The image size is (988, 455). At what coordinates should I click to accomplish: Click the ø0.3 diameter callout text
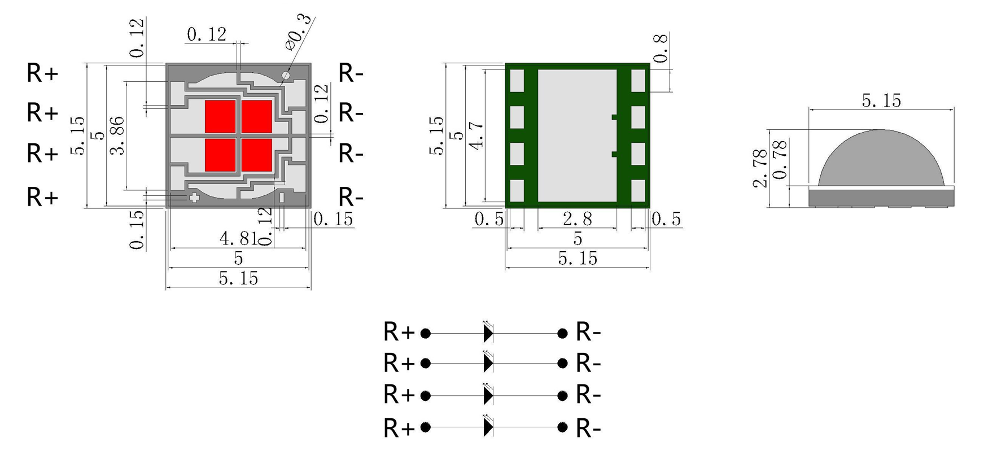click(x=299, y=31)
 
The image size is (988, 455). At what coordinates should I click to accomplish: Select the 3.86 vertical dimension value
click(x=118, y=135)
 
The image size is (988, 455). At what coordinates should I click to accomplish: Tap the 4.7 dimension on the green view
click(x=477, y=135)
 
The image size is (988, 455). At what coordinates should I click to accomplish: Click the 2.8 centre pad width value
click(x=577, y=219)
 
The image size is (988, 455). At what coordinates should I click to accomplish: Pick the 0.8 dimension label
click(x=661, y=48)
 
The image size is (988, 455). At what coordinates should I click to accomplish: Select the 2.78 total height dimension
click(x=760, y=168)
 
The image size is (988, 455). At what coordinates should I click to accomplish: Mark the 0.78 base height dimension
click(x=780, y=160)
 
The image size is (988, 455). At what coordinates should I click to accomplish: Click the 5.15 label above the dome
click(x=881, y=100)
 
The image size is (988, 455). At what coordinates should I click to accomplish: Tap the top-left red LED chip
click(x=220, y=116)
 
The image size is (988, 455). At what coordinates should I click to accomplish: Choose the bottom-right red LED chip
click(x=257, y=154)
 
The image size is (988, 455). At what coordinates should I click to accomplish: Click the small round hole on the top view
click(x=286, y=75)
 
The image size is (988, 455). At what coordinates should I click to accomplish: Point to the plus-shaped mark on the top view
click(x=194, y=198)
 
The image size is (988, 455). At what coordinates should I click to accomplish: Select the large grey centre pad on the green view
click(x=577, y=135)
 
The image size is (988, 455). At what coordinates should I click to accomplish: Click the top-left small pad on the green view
click(x=517, y=81)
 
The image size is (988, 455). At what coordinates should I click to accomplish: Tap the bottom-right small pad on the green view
click(x=638, y=191)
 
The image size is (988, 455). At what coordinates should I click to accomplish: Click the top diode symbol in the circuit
click(x=488, y=333)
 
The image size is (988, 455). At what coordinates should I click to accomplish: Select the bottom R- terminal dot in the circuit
click(x=562, y=428)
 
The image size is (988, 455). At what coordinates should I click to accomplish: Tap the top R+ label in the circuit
click(x=399, y=332)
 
